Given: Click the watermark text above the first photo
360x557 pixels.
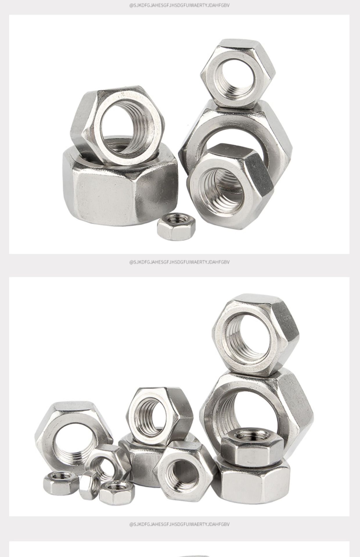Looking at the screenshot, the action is tap(179, 5).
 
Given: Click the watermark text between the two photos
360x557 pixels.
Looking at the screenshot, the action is tap(179, 262).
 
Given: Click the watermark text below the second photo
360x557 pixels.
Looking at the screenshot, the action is tap(179, 524).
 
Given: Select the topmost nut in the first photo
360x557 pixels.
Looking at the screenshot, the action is tap(237, 74).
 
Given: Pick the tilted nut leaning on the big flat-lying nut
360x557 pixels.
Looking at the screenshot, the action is tap(118, 125).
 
